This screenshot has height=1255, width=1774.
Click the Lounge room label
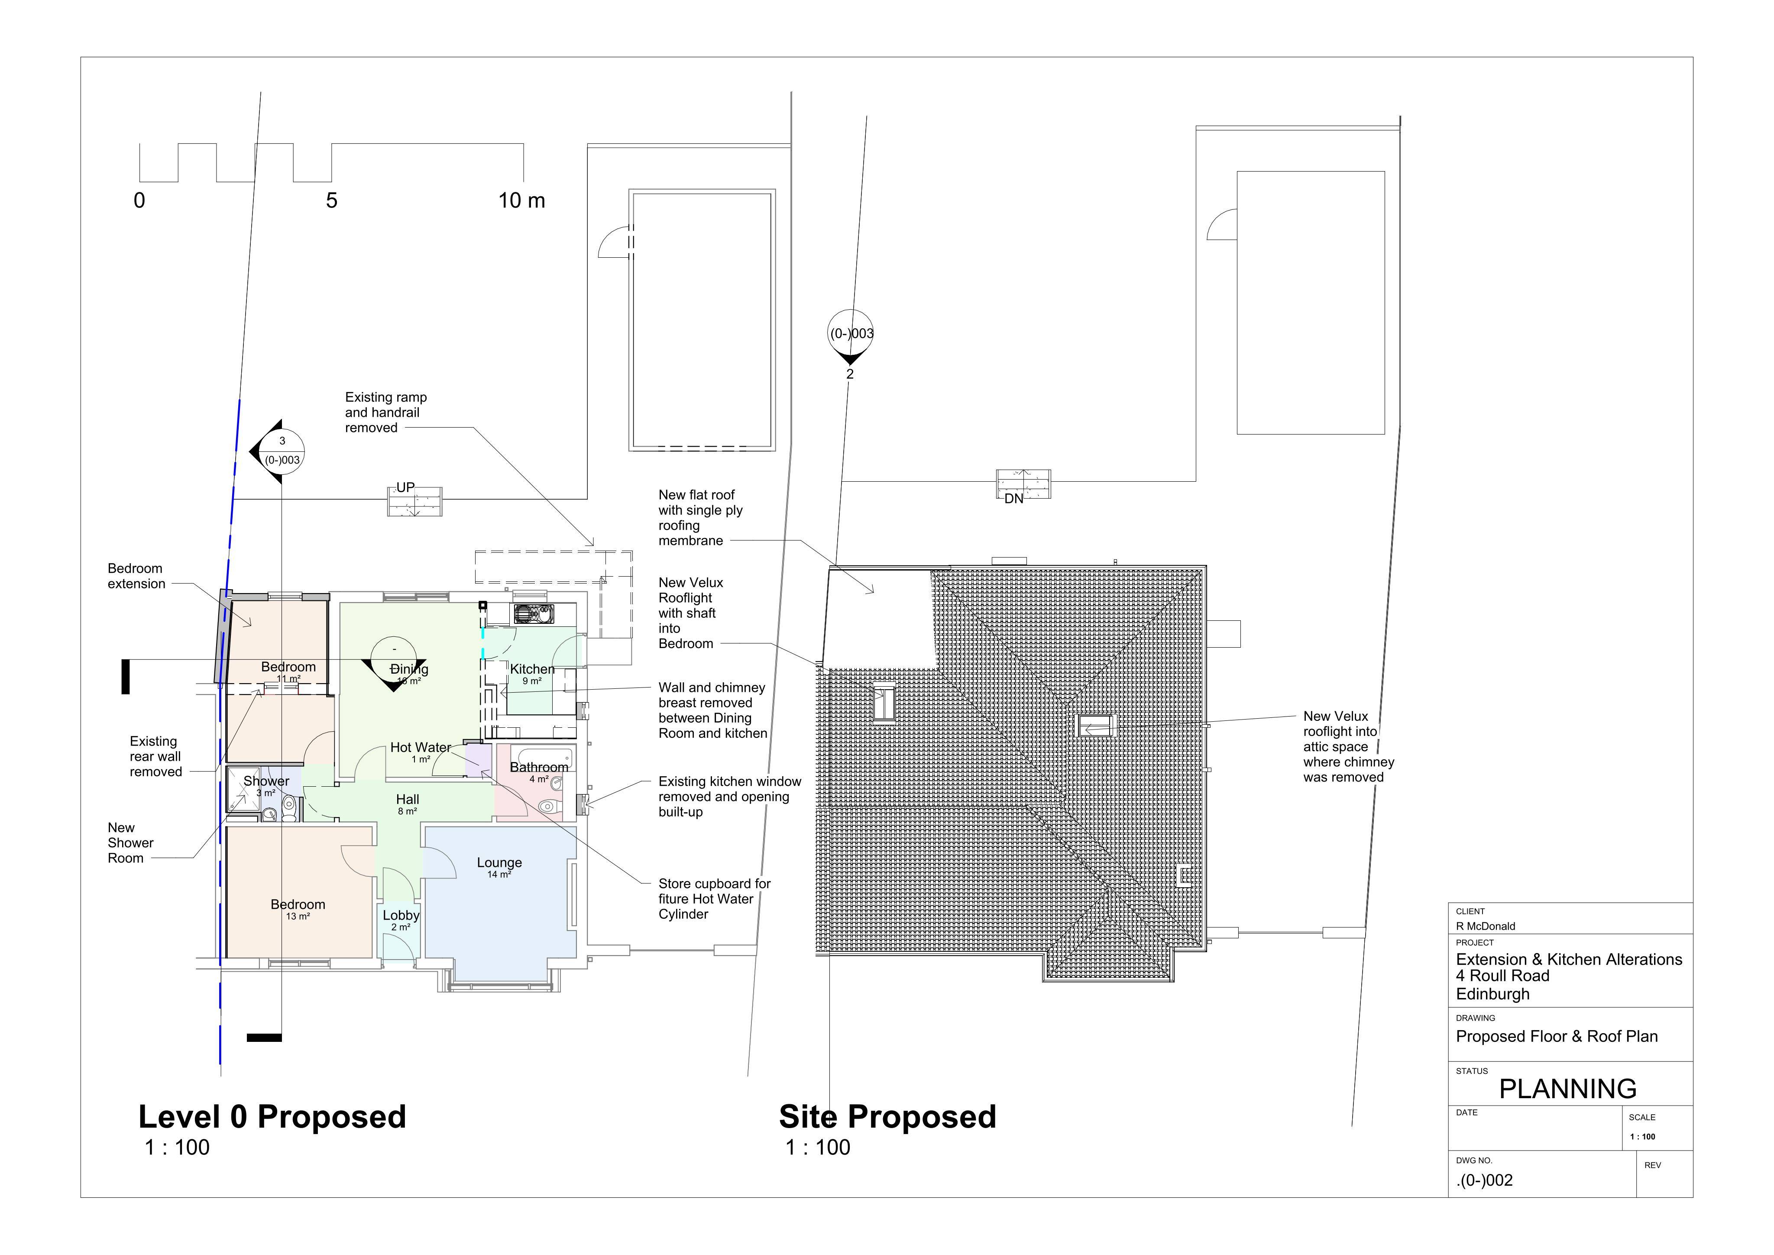coord(499,863)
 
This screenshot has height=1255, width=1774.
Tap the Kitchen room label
coord(532,669)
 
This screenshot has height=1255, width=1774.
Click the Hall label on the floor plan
coord(408,800)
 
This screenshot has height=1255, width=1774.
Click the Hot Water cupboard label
coord(420,747)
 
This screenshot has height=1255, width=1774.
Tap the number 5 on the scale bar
coord(331,201)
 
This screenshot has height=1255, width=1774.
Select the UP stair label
coord(406,488)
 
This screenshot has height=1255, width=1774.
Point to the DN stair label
coord(1014,499)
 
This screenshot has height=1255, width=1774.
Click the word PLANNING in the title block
coord(1568,1089)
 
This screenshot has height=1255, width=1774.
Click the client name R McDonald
coord(1486,926)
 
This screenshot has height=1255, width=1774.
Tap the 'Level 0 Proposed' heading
coord(272,1117)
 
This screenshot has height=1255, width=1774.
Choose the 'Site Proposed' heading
coord(888,1117)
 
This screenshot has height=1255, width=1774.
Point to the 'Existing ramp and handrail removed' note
coord(385,413)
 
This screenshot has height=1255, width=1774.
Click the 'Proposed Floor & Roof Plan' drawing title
coord(1557,1037)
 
